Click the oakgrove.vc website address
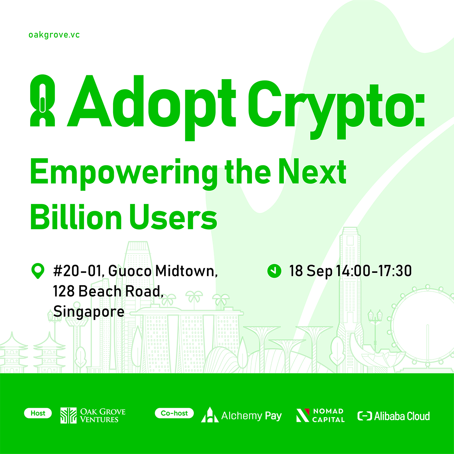54,35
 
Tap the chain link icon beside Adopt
42,101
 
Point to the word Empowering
123,174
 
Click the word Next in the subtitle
312,171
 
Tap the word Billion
76,217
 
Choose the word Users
173,217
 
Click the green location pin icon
38,271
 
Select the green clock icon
274,271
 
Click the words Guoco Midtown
163,271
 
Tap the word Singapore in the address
89,312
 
